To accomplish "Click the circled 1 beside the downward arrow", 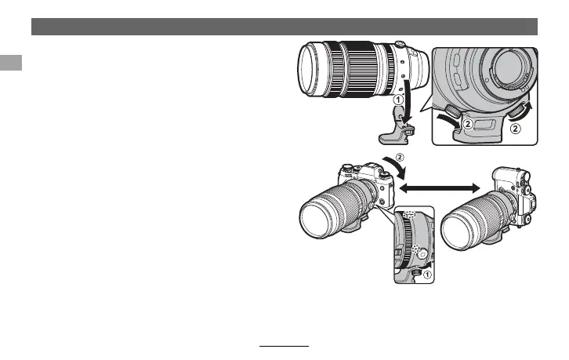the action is [398, 99].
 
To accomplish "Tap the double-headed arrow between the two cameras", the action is [439, 187].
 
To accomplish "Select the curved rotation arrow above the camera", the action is [397, 167].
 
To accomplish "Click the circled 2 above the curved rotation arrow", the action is [400, 158].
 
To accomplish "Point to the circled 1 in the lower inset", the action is [427, 275].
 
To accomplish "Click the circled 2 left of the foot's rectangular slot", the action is [468, 124].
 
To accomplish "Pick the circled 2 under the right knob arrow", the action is [516, 128].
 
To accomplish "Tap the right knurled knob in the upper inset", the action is [514, 111].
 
